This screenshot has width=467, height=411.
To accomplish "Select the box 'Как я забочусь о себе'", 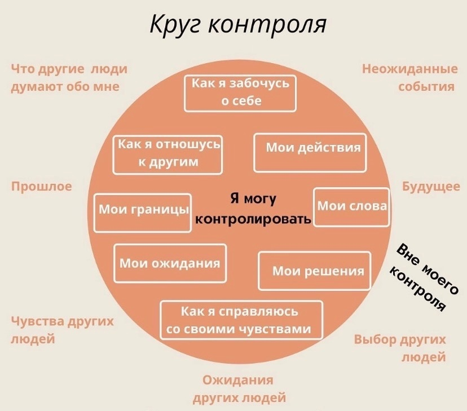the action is [240, 92].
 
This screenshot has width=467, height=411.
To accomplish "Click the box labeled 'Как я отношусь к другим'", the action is [168, 153].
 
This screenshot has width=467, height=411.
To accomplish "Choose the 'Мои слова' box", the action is [351, 206].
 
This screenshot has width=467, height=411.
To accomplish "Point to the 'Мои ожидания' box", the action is [170, 263].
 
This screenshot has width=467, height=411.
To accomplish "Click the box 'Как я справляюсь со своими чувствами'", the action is [241, 320].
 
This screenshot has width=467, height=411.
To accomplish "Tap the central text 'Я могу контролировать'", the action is [253, 209].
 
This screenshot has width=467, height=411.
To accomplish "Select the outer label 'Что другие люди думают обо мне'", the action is [69, 78].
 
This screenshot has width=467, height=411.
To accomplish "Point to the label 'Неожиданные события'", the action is [409, 78].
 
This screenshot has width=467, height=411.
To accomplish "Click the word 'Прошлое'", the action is [42, 187].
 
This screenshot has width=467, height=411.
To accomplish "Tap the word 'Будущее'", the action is [431, 187].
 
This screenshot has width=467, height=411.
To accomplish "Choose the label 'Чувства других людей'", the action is [62, 330].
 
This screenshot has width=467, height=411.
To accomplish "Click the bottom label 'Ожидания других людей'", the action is [239, 389].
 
